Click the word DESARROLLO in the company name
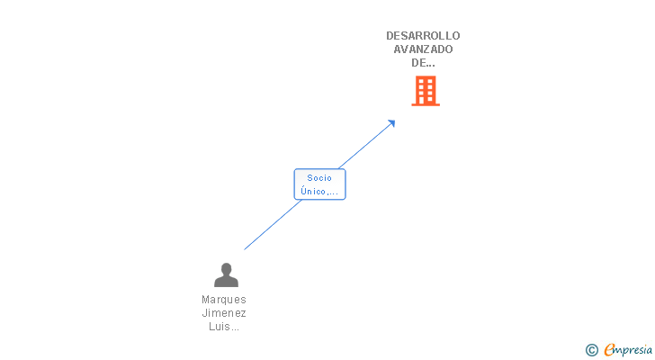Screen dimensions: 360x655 [x=423, y=36]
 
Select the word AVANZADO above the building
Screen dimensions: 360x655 [x=423, y=49]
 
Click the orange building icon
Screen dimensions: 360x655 [x=426, y=90]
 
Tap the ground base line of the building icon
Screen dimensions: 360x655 [x=426, y=104]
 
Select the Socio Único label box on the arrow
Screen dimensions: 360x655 [x=319, y=184]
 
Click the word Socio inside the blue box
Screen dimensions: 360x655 [x=319, y=178]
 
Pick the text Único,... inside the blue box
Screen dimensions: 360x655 [x=319, y=191]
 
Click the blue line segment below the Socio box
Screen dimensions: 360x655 [x=273, y=225]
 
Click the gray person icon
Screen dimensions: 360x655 [x=226, y=274]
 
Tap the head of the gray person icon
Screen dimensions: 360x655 [x=226, y=268]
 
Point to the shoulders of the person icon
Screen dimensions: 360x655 [x=226, y=282]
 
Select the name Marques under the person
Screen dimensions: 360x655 [x=224, y=300]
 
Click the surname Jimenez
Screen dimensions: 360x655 [x=224, y=313]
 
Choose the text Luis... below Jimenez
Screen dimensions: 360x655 [x=224, y=327]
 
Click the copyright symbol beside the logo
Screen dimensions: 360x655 [x=592, y=350]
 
